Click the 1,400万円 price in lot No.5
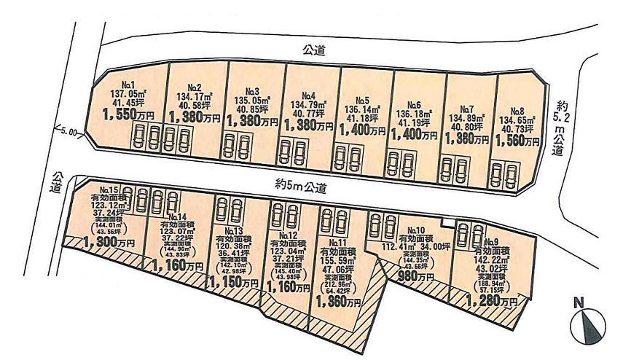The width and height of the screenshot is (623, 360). (362, 131)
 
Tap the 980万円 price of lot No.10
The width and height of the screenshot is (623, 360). (417, 277)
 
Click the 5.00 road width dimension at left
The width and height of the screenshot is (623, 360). (68, 132)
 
